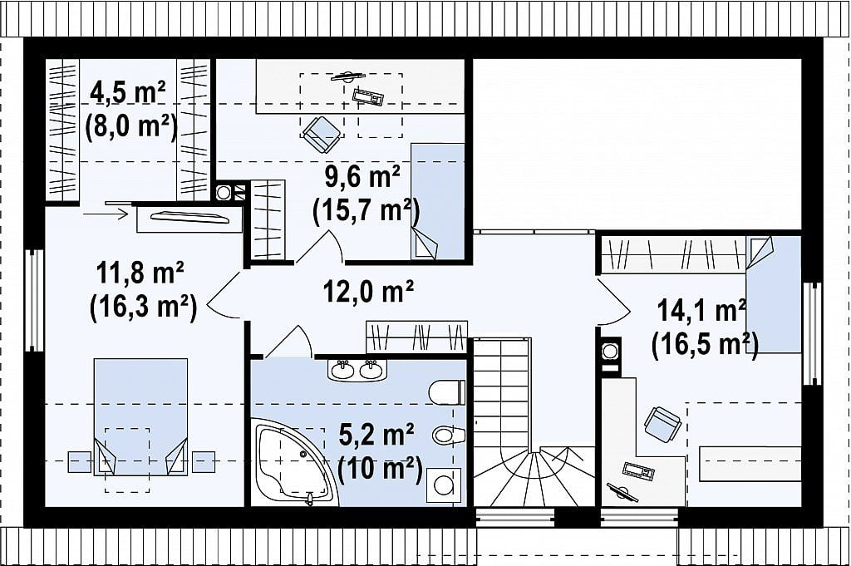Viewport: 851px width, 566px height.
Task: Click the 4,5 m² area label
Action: [x=128, y=92]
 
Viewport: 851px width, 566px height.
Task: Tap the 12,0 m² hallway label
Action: [x=368, y=292]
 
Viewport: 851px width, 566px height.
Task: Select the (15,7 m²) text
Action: [x=366, y=210]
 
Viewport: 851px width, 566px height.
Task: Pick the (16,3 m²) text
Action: [x=143, y=308]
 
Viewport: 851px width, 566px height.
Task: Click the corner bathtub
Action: [x=291, y=463]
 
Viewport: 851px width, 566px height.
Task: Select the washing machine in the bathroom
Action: [x=444, y=486]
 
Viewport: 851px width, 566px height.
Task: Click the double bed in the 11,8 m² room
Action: [x=140, y=416]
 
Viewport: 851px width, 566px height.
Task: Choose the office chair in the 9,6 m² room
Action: [x=322, y=134]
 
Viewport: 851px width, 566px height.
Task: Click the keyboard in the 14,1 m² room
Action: [x=637, y=471]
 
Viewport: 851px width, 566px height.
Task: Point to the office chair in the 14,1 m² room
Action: [x=662, y=423]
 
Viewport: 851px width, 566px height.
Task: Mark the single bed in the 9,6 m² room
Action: [x=437, y=201]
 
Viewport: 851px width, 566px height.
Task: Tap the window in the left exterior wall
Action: [x=34, y=301]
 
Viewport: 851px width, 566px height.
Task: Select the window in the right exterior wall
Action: [x=813, y=333]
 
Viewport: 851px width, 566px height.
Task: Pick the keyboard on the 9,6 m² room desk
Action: [x=368, y=96]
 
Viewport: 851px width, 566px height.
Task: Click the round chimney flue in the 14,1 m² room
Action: [x=610, y=351]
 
